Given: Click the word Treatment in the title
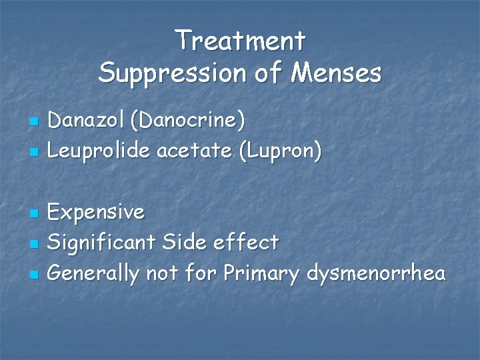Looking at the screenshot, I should (240, 41).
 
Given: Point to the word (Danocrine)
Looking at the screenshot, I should (188, 121).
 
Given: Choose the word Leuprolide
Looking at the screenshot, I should (99, 151).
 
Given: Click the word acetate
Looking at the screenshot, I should (195, 151).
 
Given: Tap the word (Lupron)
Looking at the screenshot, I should (283, 152).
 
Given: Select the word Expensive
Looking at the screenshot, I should (97, 213).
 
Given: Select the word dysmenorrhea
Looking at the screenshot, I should (376, 274).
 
